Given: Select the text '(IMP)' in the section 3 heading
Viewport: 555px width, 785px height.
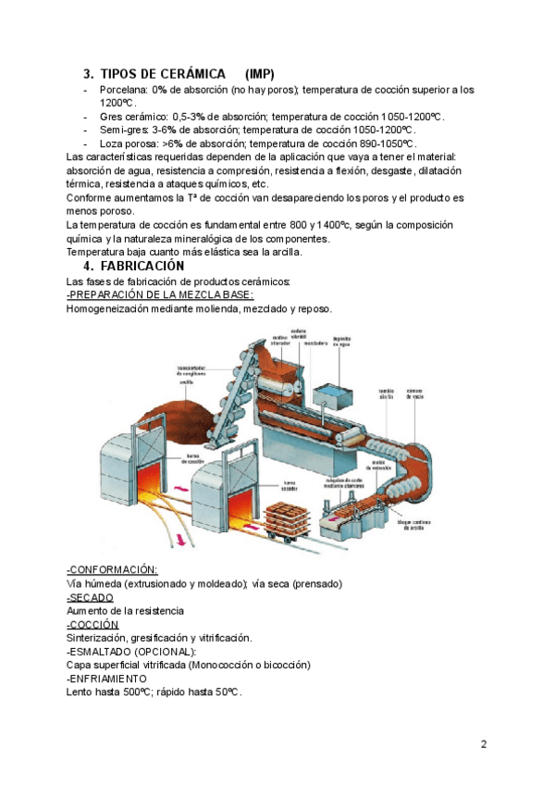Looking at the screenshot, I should (260, 74).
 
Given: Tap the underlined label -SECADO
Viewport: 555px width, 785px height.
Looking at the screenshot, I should (90, 597).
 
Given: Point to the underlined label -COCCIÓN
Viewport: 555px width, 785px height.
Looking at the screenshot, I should (92, 624).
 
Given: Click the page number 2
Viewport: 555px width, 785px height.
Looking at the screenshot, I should (484, 743).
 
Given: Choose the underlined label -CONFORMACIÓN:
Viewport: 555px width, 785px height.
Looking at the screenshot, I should (112, 569).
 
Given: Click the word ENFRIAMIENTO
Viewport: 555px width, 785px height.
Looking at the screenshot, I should (109, 679).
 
